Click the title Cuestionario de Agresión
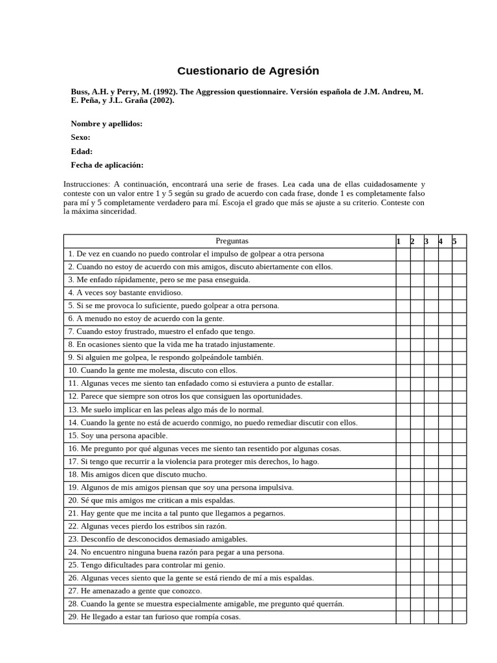pos(248,71)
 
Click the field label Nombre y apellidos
pos(107,124)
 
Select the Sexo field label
pos(80,137)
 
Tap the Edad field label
pos(82,152)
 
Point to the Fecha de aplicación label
pos(107,165)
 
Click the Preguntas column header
pos(232,241)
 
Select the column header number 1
pos(399,242)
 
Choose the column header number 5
pos(454,242)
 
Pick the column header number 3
pos(426,242)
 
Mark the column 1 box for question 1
pos(403,254)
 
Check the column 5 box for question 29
pos(459,617)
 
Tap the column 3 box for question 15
pos(430,436)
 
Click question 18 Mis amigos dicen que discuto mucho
pos(137,475)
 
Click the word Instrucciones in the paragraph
pos(87,185)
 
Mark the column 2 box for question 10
pos(417,370)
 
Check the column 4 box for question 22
pos(445,526)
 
